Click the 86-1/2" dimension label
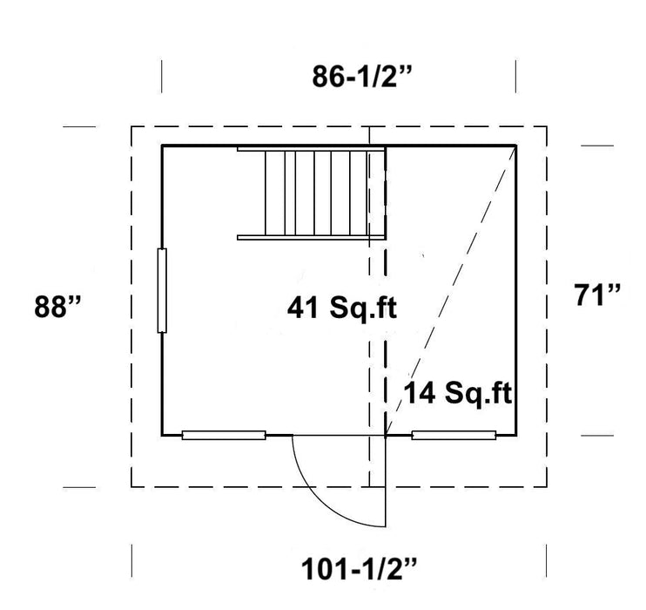point(361,77)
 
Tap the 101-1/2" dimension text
point(359,570)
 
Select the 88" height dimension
point(57,307)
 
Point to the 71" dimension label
point(596,295)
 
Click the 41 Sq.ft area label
point(342,308)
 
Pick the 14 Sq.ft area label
point(457,393)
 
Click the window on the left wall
point(162,290)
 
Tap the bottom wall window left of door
point(224,435)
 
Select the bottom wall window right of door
point(454,435)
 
